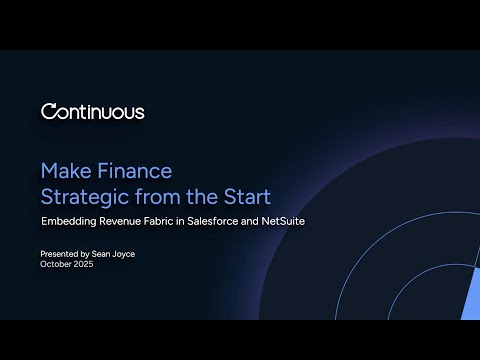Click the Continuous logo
[92, 112]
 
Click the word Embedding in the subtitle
[68, 220]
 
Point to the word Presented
[60, 255]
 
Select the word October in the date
[56, 265]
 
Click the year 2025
[85, 265]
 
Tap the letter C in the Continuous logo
[48, 112]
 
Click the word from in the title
[160, 193]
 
